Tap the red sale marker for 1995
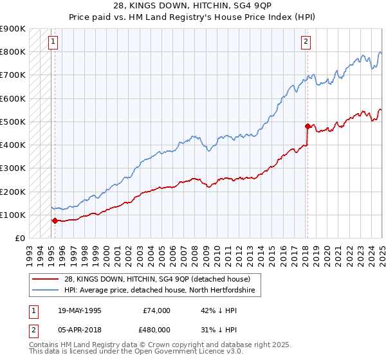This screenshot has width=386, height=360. (55, 221)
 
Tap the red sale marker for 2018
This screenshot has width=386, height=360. (308, 126)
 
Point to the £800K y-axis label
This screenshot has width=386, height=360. (13, 51)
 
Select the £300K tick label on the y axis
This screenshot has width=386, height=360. (13, 168)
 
